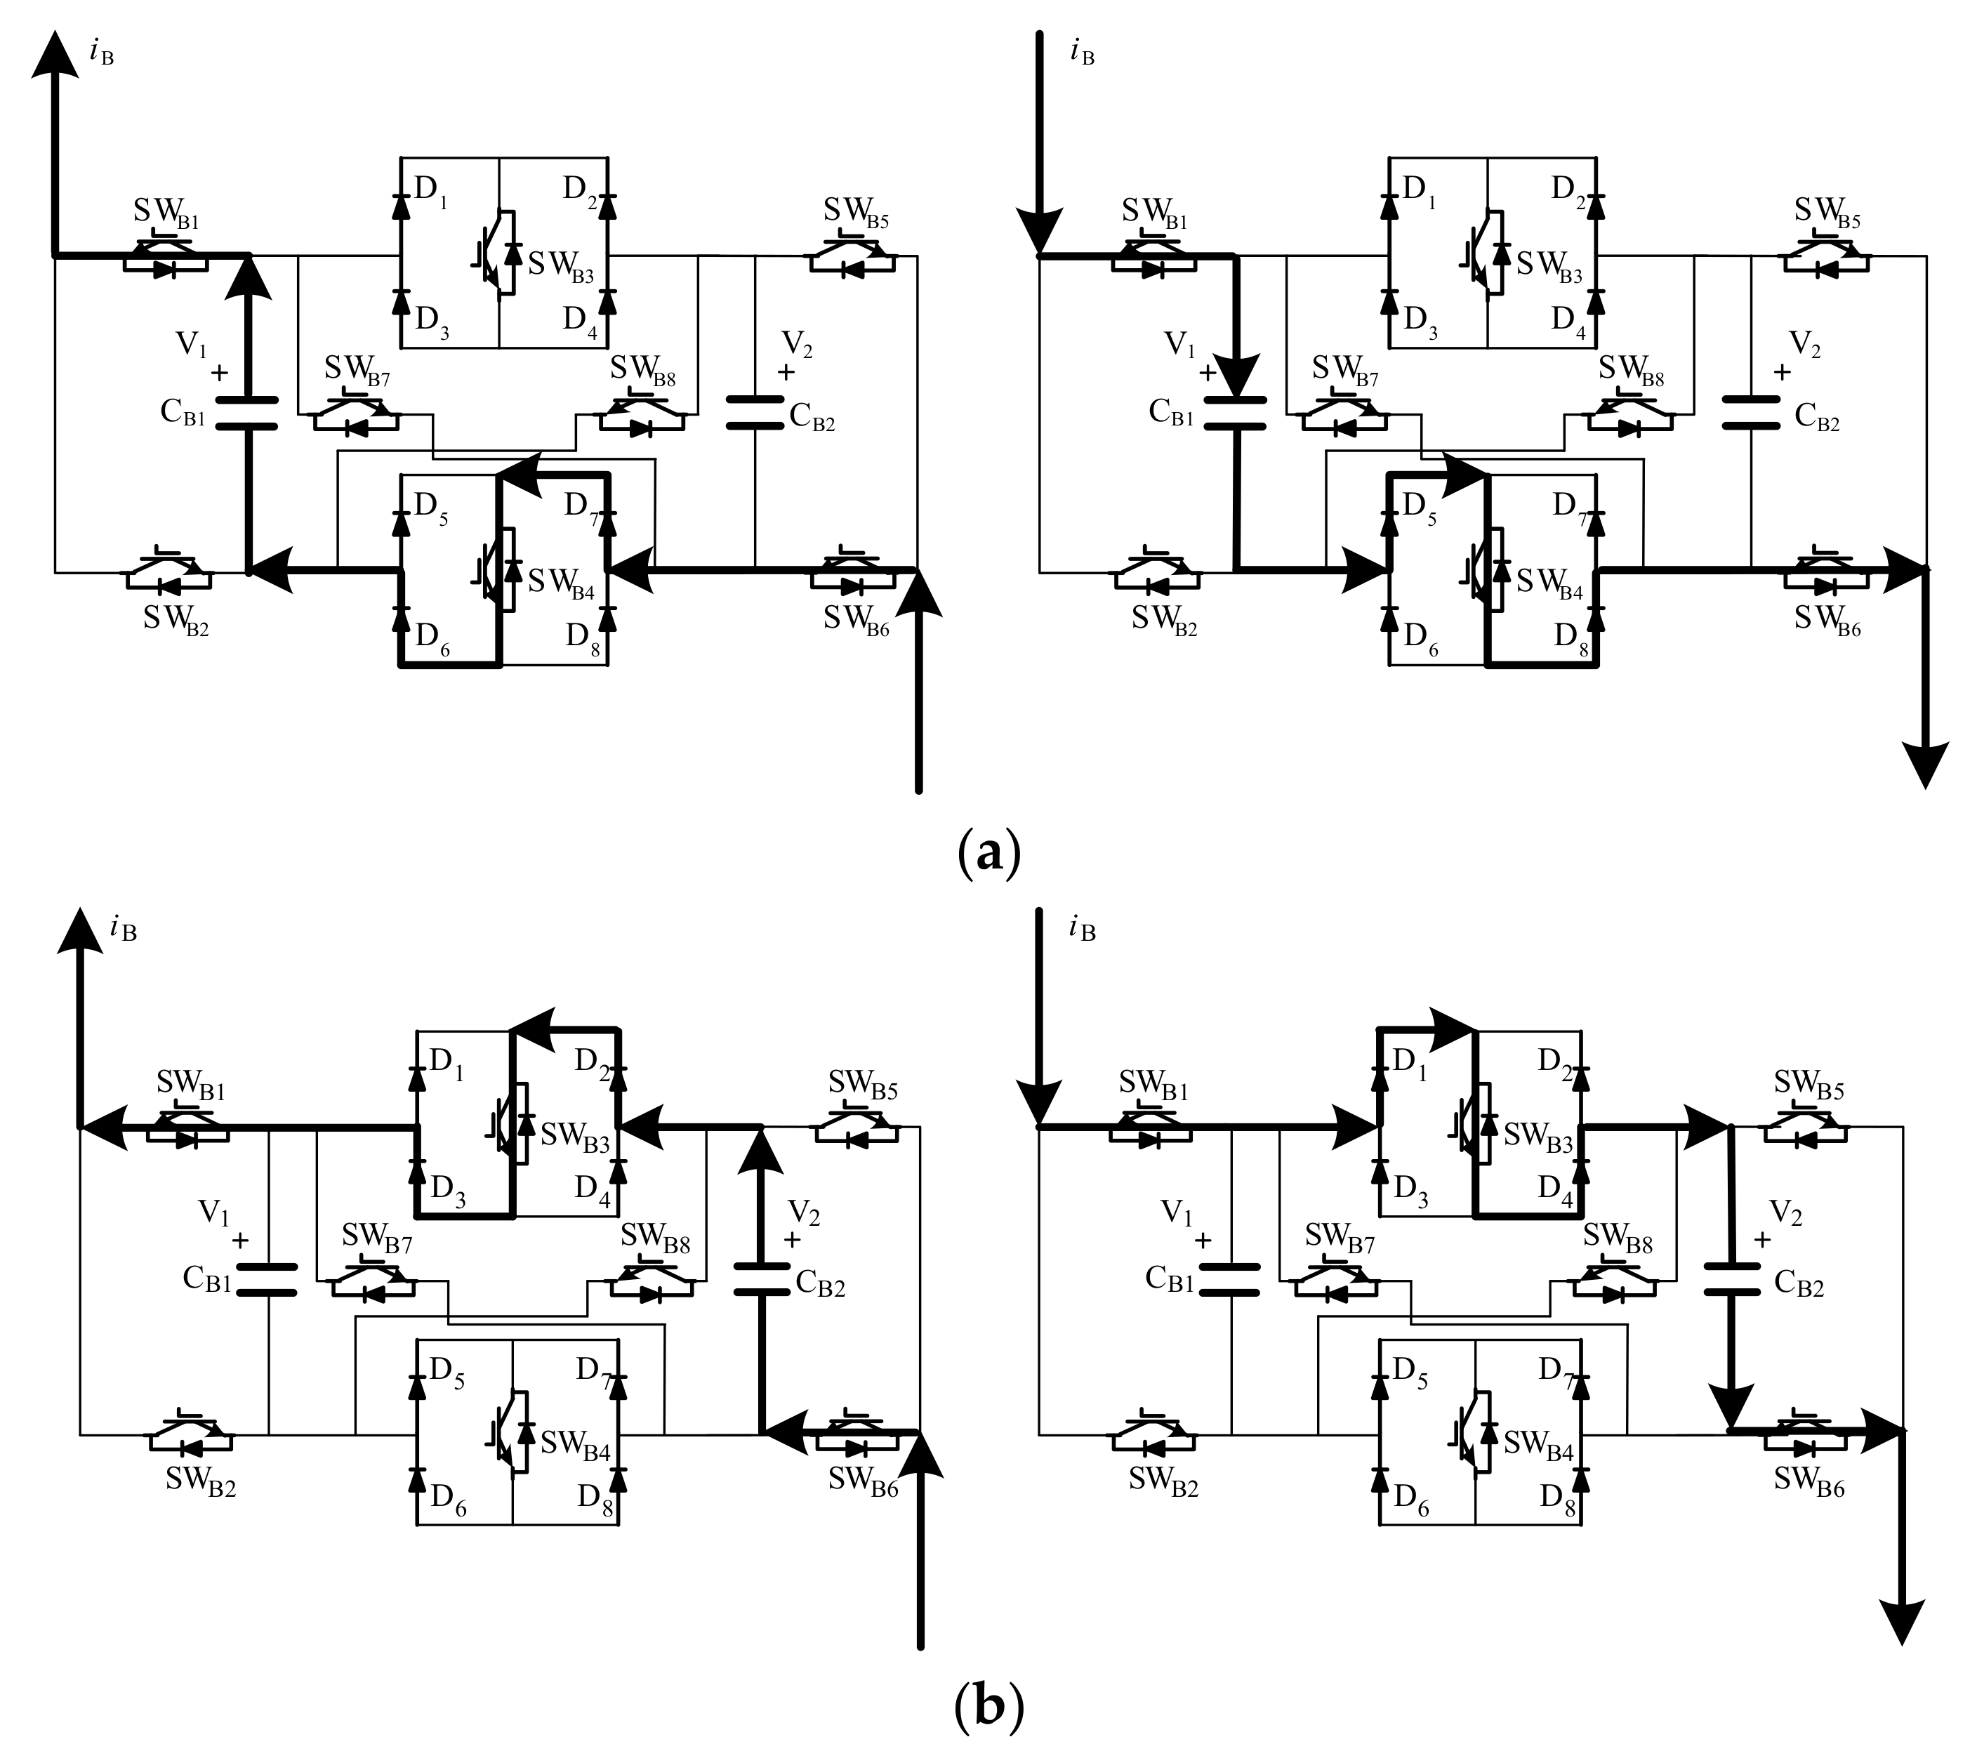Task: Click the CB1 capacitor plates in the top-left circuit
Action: (x=245, y=413)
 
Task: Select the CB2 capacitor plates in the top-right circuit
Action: (x=1752, y=413)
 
